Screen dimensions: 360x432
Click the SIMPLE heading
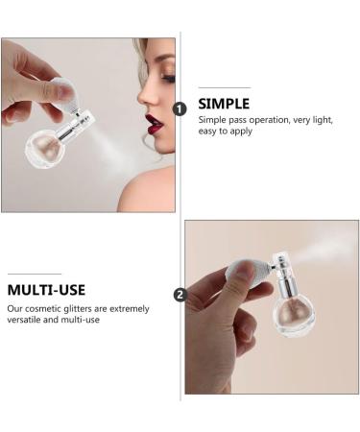[x=224, y=104]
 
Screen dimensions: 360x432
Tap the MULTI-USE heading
[x=46, y=290]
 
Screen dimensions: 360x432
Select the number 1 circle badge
[x=180, y=109]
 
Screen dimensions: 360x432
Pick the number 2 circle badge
[x=180, y=295]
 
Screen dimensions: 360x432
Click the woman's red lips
[x=153, y=125]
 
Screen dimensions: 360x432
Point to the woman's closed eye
[x=169, y=78]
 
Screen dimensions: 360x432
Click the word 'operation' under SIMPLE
[x=269, y=120]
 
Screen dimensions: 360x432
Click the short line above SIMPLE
[x=225, y=87]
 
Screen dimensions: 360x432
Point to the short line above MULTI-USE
[x=35, y=274]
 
